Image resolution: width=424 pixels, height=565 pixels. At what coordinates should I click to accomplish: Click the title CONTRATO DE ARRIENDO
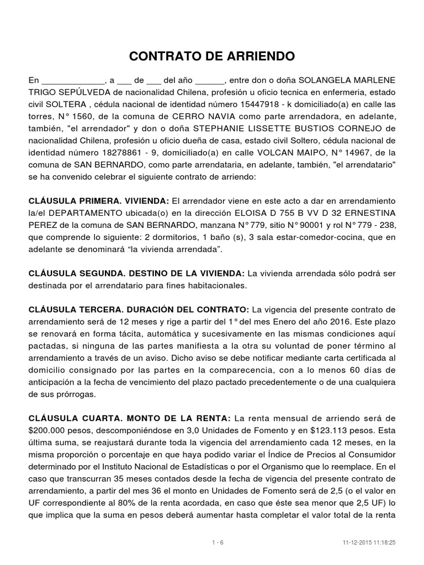212,56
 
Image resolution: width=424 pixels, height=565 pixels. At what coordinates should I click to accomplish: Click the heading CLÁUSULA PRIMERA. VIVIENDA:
99,201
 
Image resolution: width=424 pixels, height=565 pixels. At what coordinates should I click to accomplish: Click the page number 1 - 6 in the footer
218,542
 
